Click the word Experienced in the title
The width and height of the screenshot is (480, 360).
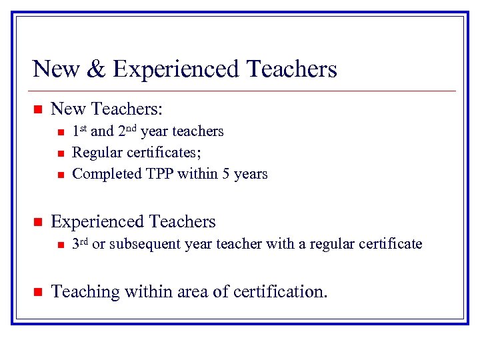176,69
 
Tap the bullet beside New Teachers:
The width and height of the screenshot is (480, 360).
38,109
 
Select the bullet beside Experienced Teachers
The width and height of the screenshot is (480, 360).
38,221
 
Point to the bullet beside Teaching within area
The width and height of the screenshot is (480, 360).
38,291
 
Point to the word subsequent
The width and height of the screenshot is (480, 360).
140,244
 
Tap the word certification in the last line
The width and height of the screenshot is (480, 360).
277,291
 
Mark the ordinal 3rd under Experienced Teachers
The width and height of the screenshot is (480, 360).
79,243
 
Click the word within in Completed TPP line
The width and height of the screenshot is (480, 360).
199,174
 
